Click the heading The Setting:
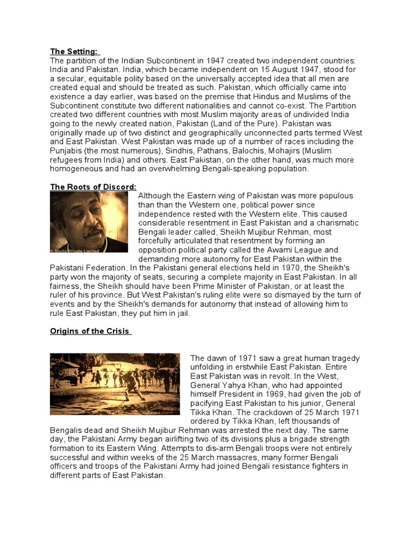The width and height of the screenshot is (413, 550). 74,52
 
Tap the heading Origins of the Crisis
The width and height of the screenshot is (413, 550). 90,331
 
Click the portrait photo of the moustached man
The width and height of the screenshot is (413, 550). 89,222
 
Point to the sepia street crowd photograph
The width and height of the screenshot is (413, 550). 115,383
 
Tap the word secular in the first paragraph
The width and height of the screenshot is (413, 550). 74,78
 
